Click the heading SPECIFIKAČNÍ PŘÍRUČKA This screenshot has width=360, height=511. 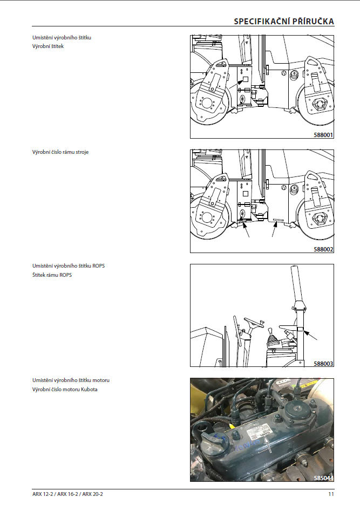point(284,21)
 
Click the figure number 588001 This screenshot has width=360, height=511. point(323,134)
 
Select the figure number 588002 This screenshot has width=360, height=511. point(323,249)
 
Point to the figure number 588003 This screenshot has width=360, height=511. point(323,363)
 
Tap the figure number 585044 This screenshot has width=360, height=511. point(323,478)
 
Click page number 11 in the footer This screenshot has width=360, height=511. point(331,494)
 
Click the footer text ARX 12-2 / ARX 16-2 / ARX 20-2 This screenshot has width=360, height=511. point(67,494)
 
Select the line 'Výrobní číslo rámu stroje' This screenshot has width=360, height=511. point(60,152)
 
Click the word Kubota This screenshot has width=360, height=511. point(89,389)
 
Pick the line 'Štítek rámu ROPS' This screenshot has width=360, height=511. point(52,275)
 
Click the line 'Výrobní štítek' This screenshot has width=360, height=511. point(48,46)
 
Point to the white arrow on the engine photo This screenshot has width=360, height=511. point(268,445)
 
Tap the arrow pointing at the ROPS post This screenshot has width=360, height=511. point(310,335)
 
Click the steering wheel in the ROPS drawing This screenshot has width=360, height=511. point(253,322)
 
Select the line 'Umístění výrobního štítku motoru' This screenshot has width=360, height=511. point(71,380)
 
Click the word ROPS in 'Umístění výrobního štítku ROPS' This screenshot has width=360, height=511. point(98,265)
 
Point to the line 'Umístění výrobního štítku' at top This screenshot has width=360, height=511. point(62,37)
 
